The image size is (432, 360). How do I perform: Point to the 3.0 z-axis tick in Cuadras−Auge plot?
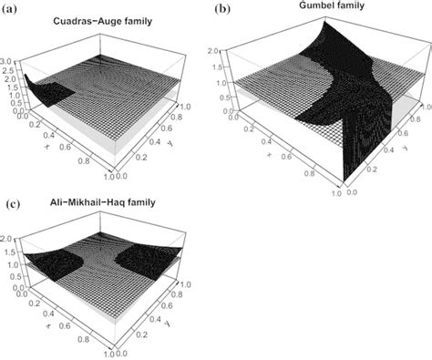tap(8, 57)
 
